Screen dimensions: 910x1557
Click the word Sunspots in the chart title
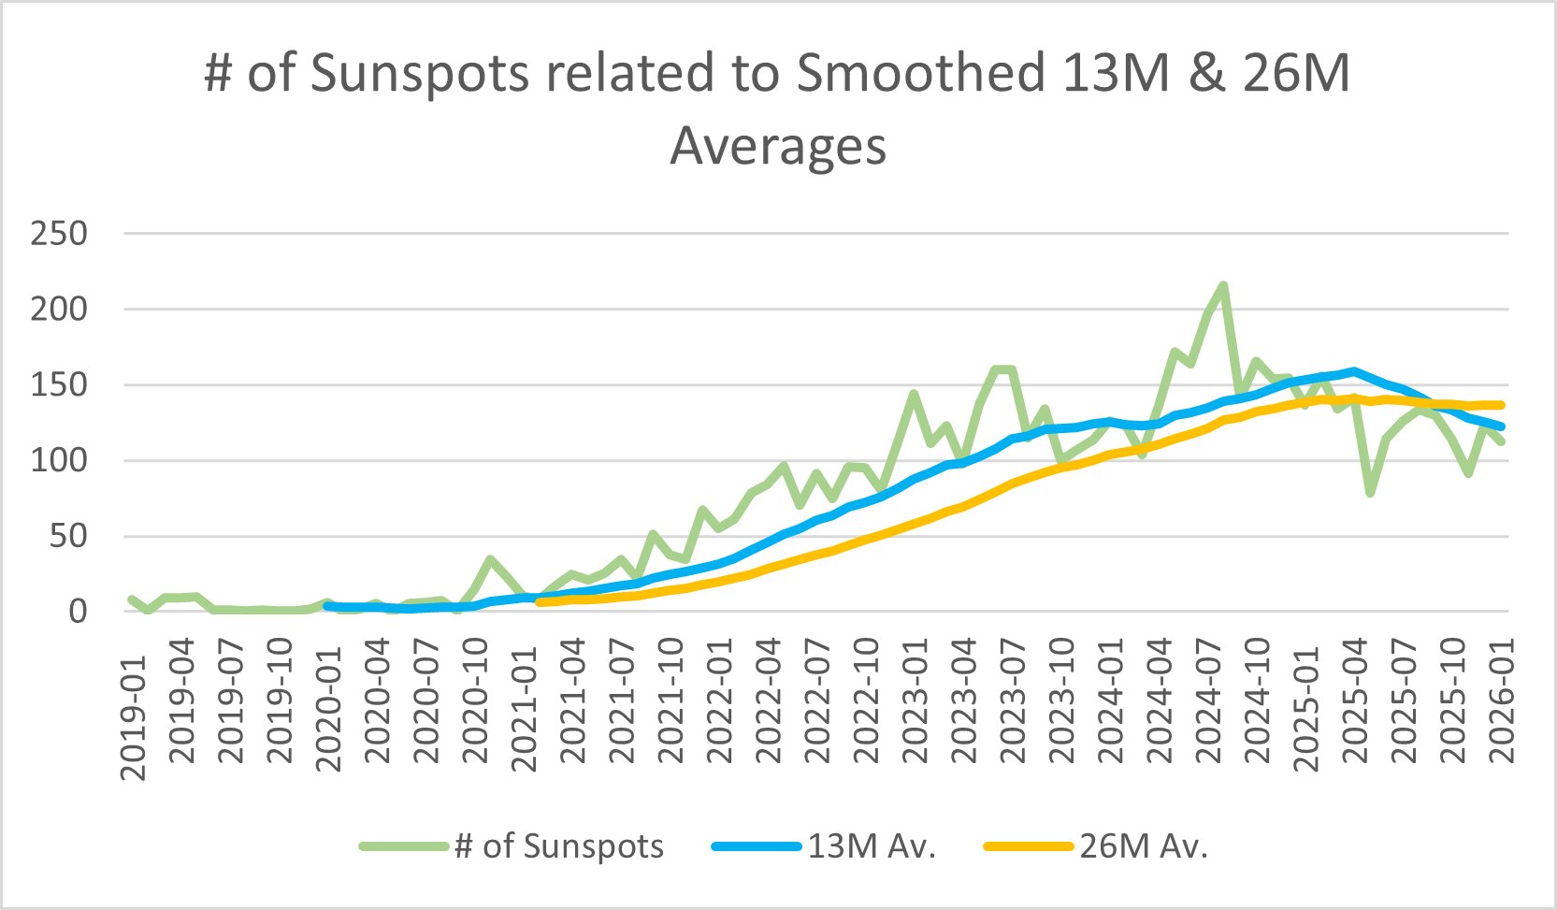(419, 73)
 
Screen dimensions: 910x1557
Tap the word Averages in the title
(778, 147)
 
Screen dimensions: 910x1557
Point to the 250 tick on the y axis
(59, 233)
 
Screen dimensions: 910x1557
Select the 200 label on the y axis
(59, 309)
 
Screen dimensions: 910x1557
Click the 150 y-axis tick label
(59, 384)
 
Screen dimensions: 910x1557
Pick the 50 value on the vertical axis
(67, 536)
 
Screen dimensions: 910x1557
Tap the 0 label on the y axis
(78, 612)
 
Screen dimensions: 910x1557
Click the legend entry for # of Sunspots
(558, 846)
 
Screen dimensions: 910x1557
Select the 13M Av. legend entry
(871, 846)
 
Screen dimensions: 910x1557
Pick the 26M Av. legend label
(1144, 846)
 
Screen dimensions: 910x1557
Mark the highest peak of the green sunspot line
(1223, 285)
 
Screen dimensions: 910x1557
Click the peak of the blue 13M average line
(1353, 371)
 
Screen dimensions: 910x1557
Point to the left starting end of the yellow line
(540, 602)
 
